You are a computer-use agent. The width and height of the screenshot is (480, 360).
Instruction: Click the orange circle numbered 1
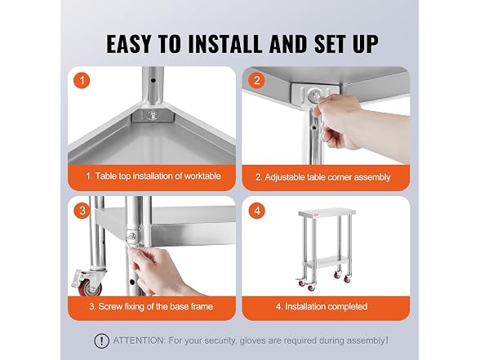pyautogui.click(x=82, y=81)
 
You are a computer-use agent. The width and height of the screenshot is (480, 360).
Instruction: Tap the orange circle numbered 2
pyautogui.click(x=257, y=81)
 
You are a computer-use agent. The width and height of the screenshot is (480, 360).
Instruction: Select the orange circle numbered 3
pyautogui.click(x=82, y=211)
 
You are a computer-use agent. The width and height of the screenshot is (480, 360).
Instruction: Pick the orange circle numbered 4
pyautogui.click(x=257, y=211)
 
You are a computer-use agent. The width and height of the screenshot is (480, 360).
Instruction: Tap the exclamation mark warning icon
pyautogui.click(x=101, y=340)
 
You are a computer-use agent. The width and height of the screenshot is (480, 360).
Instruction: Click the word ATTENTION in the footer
pyautogui.click(x=140, y=340)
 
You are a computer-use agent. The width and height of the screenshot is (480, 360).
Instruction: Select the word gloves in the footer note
pyautogui.click(x=252, y=341)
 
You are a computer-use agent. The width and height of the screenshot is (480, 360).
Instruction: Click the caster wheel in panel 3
pyautogui.click(x=88, y=283)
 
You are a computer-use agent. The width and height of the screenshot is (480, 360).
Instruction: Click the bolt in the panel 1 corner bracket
pyautogui.click(x=151, y=115)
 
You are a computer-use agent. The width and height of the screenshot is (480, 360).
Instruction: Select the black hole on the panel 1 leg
pyautogui.click(x=153, y=81)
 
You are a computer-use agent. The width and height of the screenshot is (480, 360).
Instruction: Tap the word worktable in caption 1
pyautogui.click(x=202, y=176)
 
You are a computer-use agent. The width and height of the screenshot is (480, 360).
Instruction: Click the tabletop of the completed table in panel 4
pyautogui.click(x=327, y=212)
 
